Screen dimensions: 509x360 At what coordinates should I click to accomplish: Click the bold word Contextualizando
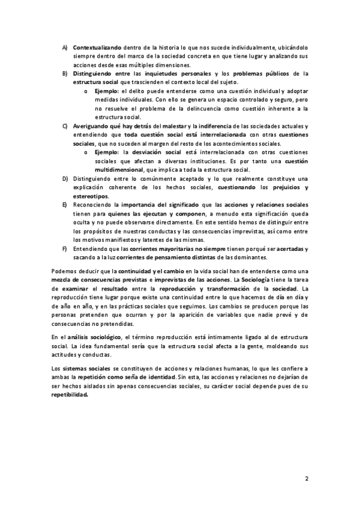(x=97, y=47)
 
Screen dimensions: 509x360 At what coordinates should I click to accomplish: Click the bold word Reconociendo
(x=92, y=205)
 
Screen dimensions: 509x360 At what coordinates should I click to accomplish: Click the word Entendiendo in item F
(x=90, y=248)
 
